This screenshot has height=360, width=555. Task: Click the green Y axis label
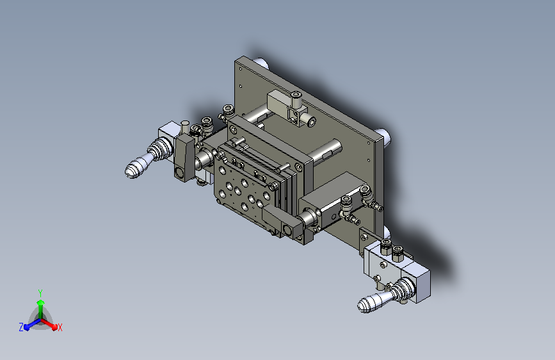(40, 293)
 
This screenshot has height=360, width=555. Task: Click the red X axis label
(60, 327)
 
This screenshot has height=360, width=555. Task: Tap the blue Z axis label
(21, 327)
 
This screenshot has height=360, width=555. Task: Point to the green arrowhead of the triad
(41, 303)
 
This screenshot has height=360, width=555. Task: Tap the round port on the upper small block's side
(311, 122)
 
